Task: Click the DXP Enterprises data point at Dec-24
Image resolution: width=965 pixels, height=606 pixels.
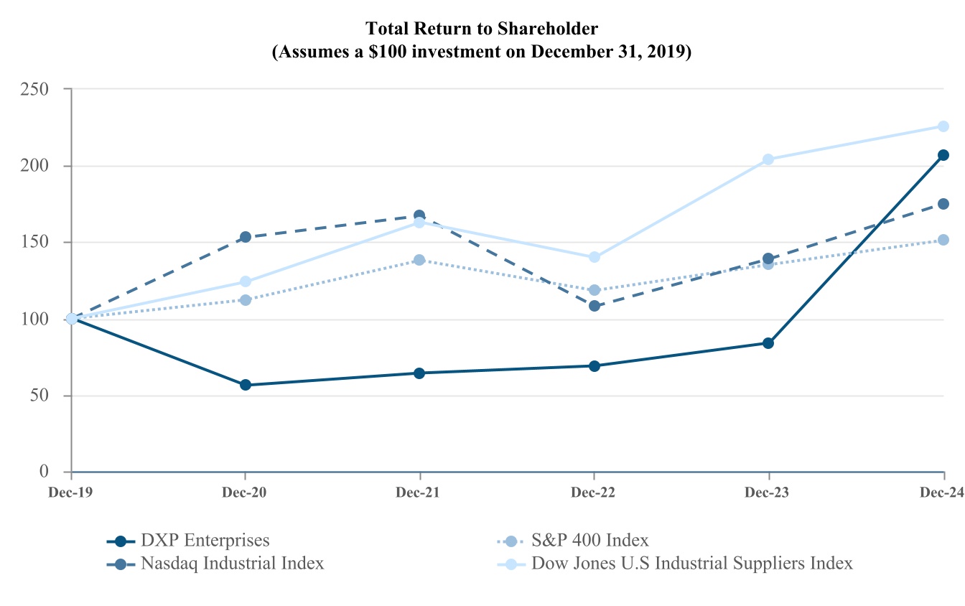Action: (x=943, y=155)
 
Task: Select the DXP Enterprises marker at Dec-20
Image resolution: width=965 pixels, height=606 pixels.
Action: (x=246, y=385)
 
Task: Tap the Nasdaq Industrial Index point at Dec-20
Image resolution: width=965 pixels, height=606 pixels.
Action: (x=246, y=237)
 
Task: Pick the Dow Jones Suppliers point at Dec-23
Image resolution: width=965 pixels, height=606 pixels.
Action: (x=768, y=159)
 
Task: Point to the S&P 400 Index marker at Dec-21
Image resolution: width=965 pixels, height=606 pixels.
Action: (x=419, y=260)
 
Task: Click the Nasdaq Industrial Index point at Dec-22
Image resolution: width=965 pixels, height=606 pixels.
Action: (x=595, y=306)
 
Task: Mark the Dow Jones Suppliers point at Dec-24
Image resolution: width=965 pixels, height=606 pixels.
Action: (x=943, y=126)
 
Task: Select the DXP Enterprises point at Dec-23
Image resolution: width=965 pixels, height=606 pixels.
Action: (x=768, y=343)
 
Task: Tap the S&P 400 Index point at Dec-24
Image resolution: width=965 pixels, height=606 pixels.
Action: (x=943, y=240)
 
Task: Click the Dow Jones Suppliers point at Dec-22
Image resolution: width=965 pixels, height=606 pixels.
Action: (x=595, y=257)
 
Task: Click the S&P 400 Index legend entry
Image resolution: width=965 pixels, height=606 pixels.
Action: (x=590, y=541)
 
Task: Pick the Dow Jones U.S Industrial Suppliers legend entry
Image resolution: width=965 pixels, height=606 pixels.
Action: (x=692, y=563)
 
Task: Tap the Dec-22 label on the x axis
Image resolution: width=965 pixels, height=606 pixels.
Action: (x=594, y=493)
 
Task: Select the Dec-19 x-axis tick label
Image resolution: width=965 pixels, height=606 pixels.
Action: (x=70, y=493)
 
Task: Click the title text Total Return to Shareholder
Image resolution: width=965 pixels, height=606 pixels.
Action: (x=482, y=29)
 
